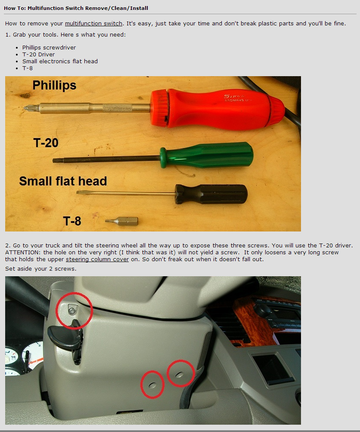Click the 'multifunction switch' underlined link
pos(94,23)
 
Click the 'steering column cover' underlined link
pos(97,259)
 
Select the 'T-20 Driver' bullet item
pos(39,54)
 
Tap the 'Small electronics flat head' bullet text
pos(60,61)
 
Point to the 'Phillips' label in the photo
pos(54,85)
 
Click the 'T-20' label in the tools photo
pos(46,143)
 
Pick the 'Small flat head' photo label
pos(63,181)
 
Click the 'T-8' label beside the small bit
pos(72,221)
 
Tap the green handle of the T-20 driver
pos(207,155)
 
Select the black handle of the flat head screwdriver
pos(211,194)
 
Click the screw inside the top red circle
pos(72,311)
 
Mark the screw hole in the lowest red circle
pos(152,385)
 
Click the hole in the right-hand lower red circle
pos(180,374)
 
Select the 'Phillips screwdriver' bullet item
pos(49,47)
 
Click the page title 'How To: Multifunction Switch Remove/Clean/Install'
pos(76,8)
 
